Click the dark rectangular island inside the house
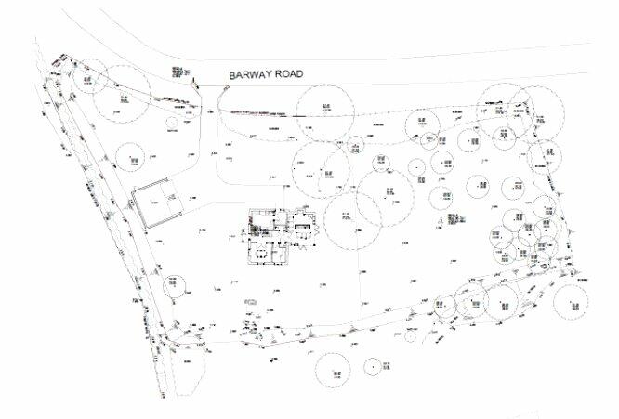coord(304,223)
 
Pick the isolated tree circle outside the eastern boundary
coord(574,299)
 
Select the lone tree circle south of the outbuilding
coord(175,285)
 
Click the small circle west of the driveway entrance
coord(172,121)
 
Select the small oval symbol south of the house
coord(250,302)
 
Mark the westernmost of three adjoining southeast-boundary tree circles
coord(443,305)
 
